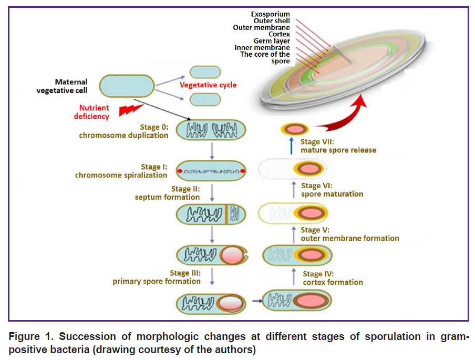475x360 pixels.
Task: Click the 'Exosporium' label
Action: point(270,14)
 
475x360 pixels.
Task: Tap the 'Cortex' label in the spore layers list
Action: point(279,34)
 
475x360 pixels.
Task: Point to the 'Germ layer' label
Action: point(272,41)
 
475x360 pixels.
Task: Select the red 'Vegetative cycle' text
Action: point(208,85)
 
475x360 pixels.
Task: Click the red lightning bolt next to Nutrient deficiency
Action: point(130,110)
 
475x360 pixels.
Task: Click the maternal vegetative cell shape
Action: point(127,86)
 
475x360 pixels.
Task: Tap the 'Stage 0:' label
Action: point(154,127)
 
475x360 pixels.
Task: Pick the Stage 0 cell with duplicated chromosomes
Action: point(211,130)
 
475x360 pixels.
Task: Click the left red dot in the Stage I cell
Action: point(180,171)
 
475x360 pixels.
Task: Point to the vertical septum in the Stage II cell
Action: point(226,214)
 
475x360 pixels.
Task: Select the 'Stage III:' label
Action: point(185,273)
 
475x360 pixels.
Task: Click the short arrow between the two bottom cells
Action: point(257,301)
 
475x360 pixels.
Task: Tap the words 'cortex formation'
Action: point(333,282)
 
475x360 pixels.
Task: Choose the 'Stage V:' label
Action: point(315,230)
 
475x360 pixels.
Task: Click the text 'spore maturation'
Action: point(332,194)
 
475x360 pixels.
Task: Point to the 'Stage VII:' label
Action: point(317,142)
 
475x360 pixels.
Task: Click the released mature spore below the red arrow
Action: point(295,129)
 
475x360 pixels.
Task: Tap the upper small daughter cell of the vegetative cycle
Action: point(205,73)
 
